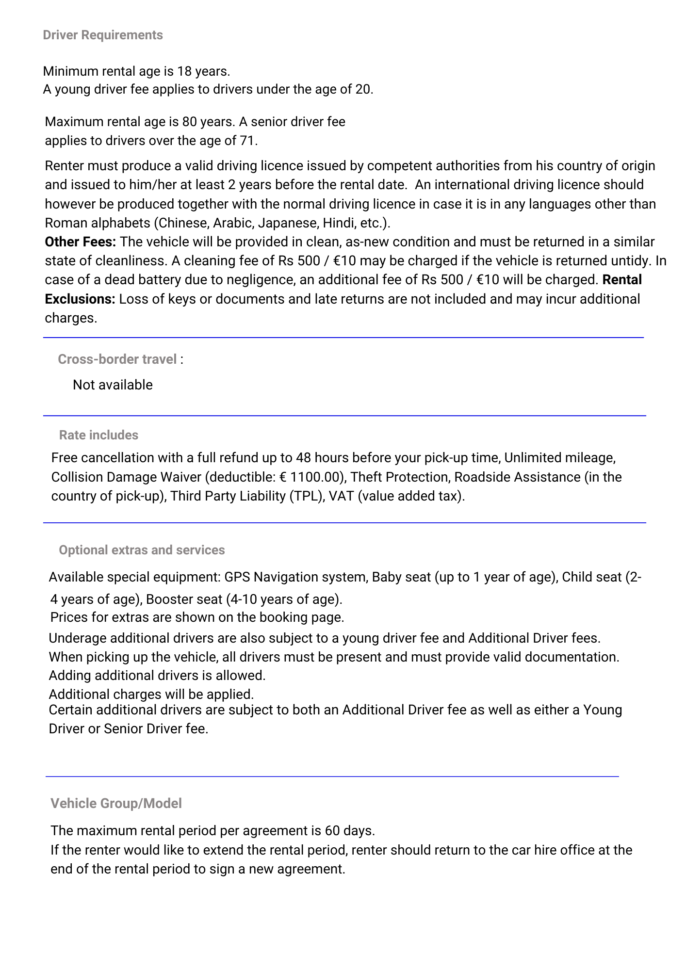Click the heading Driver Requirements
tap(103, 35)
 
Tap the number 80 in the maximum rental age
tap(190, 122)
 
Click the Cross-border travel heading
tap(117, 359)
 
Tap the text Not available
tap(113, 385)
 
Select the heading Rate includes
tap(98, 435)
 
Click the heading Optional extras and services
tap(142, 550)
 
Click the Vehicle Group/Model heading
tap(116, 804)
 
